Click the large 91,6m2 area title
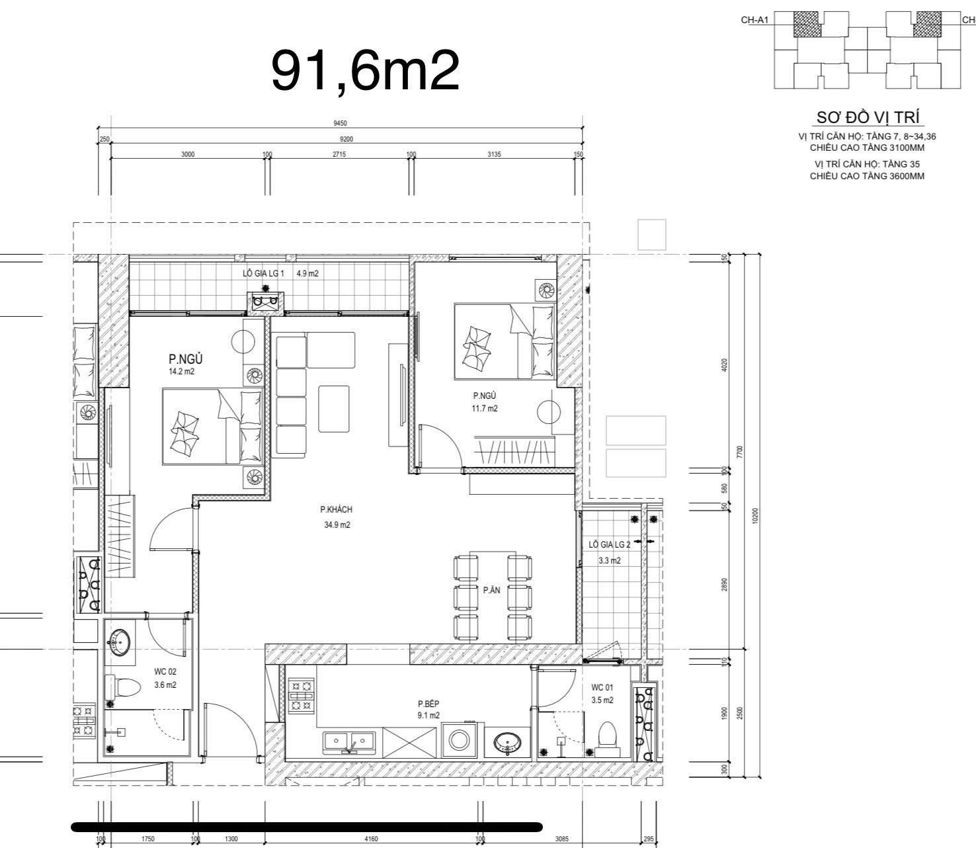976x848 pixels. click(x=366, y=71)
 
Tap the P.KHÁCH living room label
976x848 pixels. click(x=337, y=509)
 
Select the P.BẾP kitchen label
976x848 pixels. click(x=428, y=704)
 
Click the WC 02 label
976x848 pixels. click(x=165, y=672)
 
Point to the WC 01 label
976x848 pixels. click(x=602, y=688)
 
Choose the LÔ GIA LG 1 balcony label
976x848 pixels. click(x=263, y=273)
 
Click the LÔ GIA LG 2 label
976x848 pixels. click(x=609, y=544)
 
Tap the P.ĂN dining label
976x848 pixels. click(x=491, y=590)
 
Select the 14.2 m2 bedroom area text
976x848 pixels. click(x=181, y=372)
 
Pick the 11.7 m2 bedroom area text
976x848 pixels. click(x=485, y=409)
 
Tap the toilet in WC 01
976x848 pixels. click(x=607, y=740)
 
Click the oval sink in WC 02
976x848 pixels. click(x=119, y=642)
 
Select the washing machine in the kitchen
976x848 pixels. click(x=459, y=741)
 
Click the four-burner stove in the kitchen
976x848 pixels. click(x=301, y=696)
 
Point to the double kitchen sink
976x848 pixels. click(x=350, y=743)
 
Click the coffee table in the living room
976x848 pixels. click(x=334, y=409)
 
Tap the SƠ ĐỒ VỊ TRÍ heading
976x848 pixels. click(x=868, y=117)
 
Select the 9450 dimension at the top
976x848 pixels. click(x=340, y=123)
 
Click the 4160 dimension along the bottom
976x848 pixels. click(x=371, y=839)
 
